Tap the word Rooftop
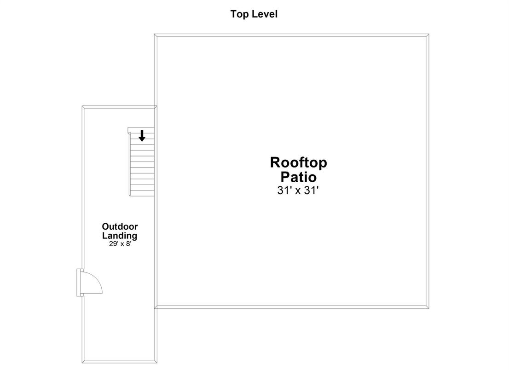298,162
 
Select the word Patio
298,177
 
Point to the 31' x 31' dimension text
298,190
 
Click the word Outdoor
120,226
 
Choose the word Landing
120,236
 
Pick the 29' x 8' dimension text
120,244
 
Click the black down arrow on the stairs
142,136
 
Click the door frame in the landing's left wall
80,283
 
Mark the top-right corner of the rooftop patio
429,34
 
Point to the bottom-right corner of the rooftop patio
429,308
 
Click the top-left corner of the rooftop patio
154,34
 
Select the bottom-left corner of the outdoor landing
82,363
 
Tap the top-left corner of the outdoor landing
82,106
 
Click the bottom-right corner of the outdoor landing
157,363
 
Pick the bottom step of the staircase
142,193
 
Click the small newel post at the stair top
129,133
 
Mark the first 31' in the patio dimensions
283,190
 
